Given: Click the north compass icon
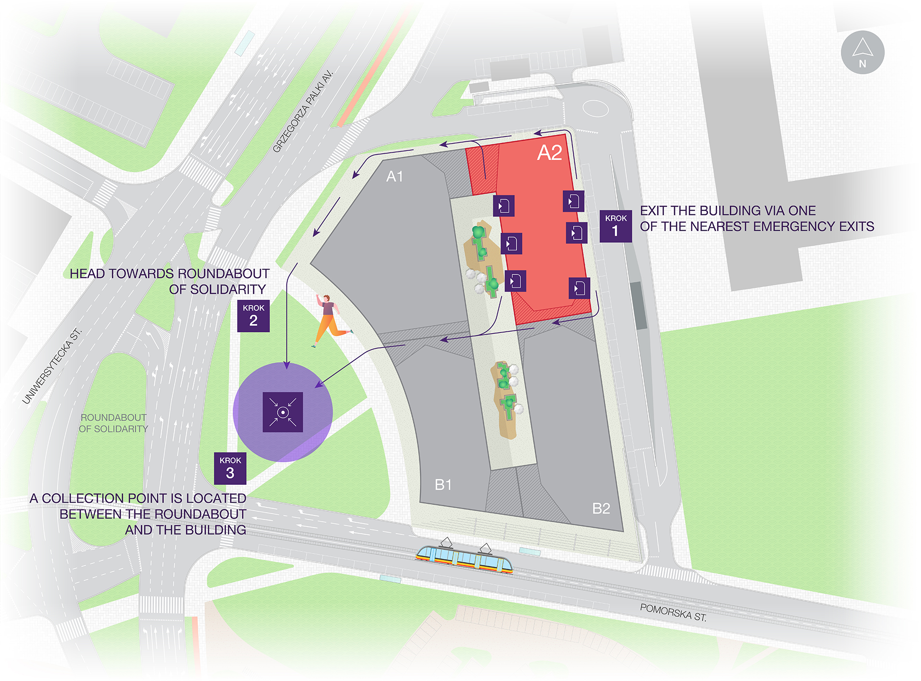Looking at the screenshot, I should click(x=862, y=52).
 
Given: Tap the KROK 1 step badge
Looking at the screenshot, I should click(x=615, y=226).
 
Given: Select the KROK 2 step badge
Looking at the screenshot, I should click(x=253, y=316).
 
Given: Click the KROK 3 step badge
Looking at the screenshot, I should click(x=230, y=468).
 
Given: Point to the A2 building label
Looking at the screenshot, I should click(x=549, y=153).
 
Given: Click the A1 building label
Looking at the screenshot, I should click(x=394, y=177).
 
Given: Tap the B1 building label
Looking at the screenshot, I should click(x=443, y=485).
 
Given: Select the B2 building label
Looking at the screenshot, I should click(x=601, y=508).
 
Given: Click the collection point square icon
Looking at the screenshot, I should click(x=283, y=412).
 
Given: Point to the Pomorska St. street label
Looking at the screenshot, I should click(x=673, y=612).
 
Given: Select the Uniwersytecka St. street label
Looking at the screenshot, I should click(x=52, y=366).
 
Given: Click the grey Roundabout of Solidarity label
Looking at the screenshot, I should click(x=113, y=423).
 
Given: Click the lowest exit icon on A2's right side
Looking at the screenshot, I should click(x=579, y=288).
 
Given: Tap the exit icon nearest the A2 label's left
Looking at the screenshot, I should click(x=504, y=206).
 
